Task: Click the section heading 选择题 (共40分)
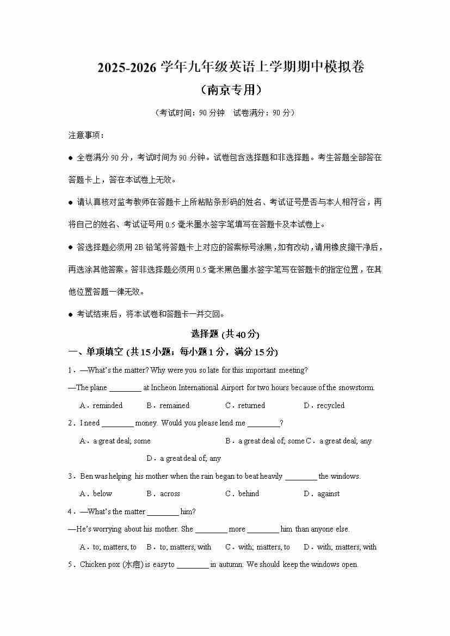click(225, 334)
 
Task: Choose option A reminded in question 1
click(102, 405)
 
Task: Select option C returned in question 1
click(245, 405)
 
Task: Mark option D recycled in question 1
click(324, 405)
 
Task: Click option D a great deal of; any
click(184, 458)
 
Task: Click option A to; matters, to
click(108, 547)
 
